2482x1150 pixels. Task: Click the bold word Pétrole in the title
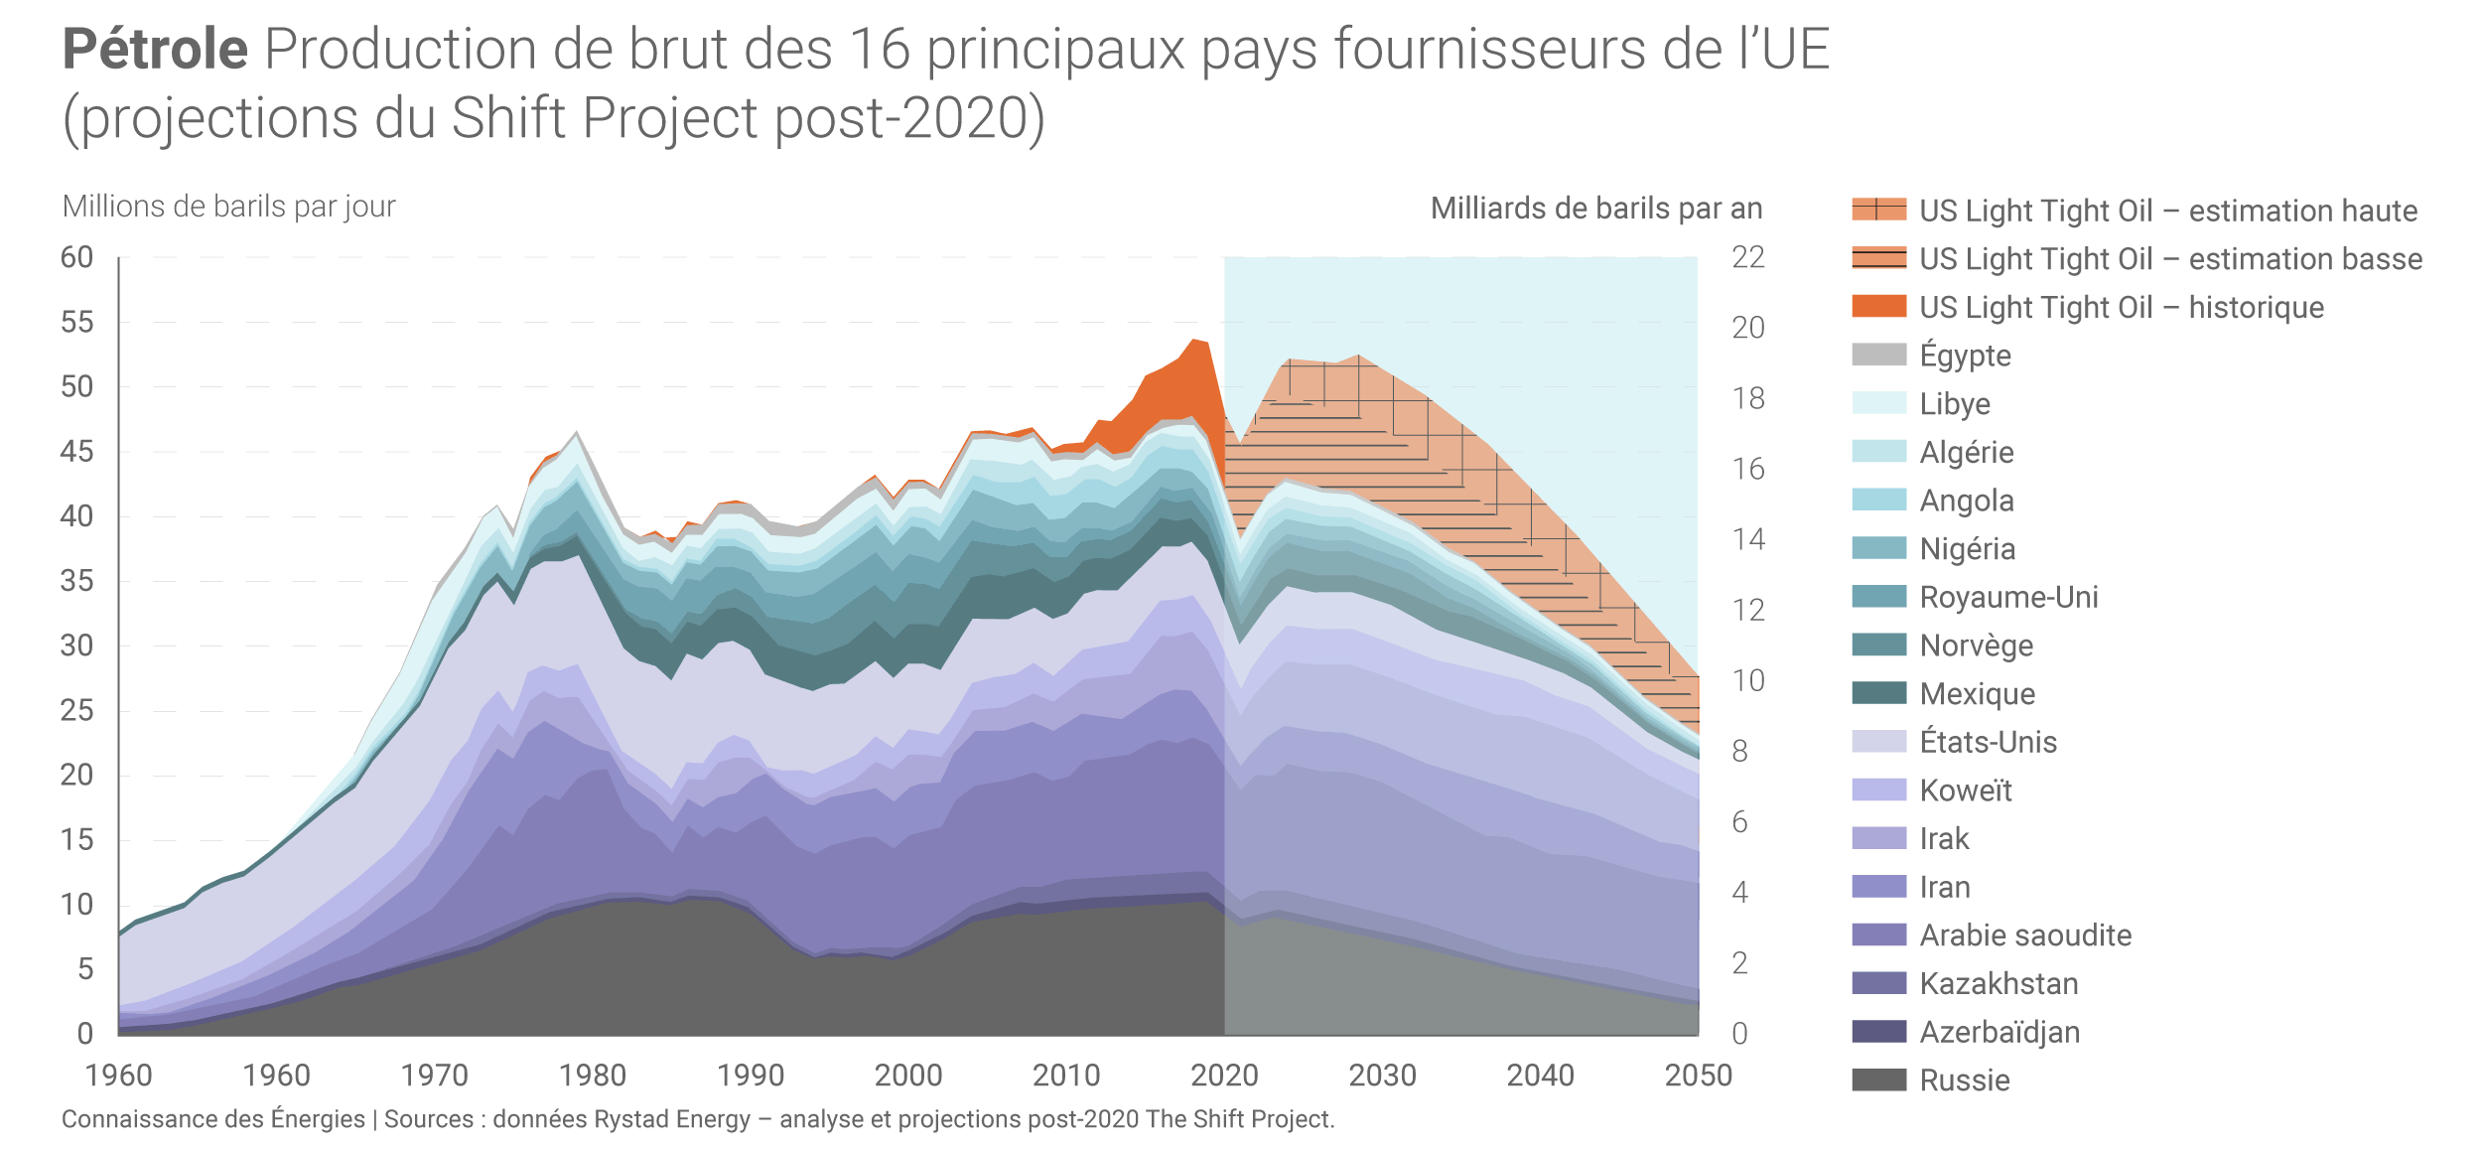click(x=155, y=50)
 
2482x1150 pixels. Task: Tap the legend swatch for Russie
click(x=1878, y=1079)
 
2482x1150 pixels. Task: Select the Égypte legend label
click(x=1965, y=356)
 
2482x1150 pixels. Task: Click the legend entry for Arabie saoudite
click(x=2024, y=935)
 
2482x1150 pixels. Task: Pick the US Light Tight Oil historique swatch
click(x=1878, y=307)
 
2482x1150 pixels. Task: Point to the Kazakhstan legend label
click(x=1999, y=983)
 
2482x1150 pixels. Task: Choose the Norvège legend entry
click(x=1976, y=646)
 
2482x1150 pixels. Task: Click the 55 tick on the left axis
click(x=76, y=323)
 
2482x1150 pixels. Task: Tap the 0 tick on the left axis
click(x=85, y=1034)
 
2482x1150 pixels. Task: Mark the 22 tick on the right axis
click(x=1747, y=258)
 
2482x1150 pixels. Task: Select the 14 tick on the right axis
click(x=1747, y=539)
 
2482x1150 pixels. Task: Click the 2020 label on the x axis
click(x=1224, y=1076)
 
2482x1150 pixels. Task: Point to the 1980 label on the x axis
click(x=593, y=1076)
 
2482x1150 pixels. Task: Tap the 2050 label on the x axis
click(x=1698, y=1076)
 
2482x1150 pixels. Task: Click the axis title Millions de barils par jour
click(x=228, y=207)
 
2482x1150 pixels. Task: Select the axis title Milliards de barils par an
click(x=1595, y=209)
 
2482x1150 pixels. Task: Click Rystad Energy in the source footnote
click(x=671, y=1119)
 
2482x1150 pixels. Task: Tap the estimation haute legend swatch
click(x=1878, y=210)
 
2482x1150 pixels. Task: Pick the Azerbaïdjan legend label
click(x=1999, y=1032)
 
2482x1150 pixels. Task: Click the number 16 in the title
click(x=880, y=50)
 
